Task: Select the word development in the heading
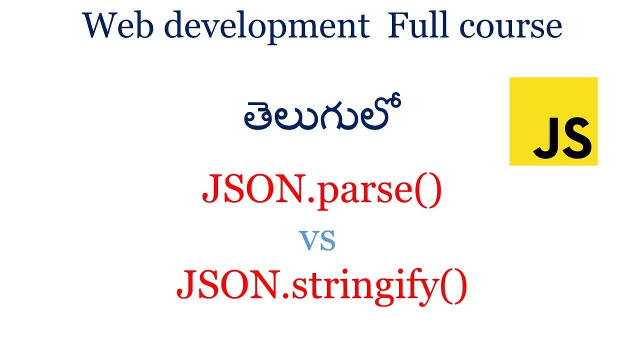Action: pyautogui.click(x=267, y=27)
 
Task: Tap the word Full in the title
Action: pyautogui.click(x=417, y=24)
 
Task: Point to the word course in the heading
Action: pyautogui.click(x=510, y=27)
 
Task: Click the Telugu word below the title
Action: pyautogui.click(x=323, y=112)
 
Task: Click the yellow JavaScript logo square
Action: pyautogui.click(x=553, y=121)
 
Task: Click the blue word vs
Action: pyautogui.click(x=317, y=240)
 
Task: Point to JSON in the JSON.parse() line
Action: pyautogui.click(x=253, y=188)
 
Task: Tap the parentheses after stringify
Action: pyautogui.click(x=454, y=286)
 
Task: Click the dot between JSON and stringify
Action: pyautogui.click(x=285, y=295)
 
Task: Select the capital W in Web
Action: pyautogui.click(x=102, y=25)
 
